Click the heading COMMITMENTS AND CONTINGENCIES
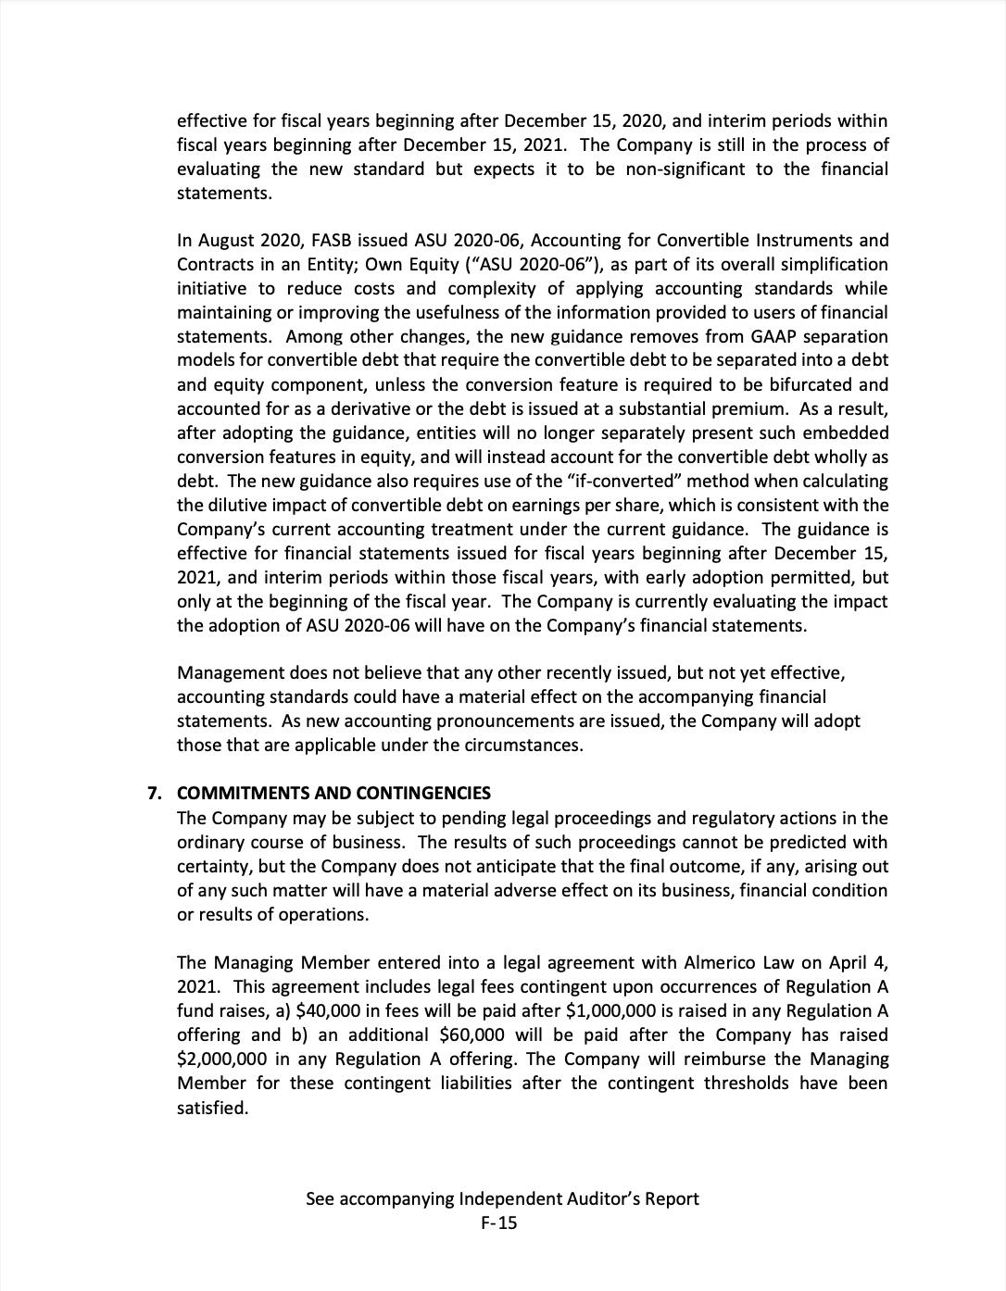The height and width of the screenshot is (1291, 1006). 333,794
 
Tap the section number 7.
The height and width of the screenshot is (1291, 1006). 155,794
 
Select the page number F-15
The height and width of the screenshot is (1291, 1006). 499,1223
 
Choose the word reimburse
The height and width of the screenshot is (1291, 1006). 719,1059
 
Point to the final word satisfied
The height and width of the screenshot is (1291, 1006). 212,1108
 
